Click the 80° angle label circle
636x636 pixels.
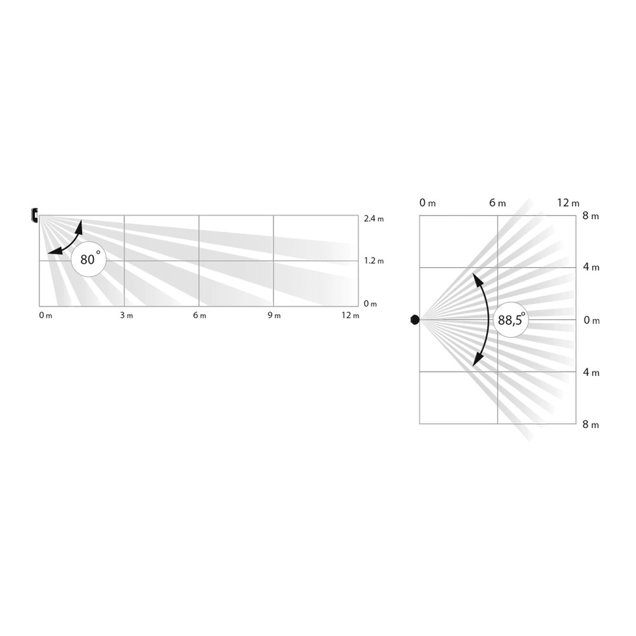(x=88, y=259)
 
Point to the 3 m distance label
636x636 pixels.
(x=125, y=315)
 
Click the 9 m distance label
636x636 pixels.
(x=273, y=315)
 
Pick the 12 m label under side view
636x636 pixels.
(x=350, y=315)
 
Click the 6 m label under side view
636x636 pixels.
(x=199, y=315)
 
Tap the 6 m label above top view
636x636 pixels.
(x=497, y=203)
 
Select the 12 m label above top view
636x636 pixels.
(x=568, y=203)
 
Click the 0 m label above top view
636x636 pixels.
(x=427, y=203)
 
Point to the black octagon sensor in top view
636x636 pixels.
(x=415, y=319)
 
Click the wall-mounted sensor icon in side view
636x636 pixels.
(x=35, y=216)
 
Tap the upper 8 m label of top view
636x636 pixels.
(x=591, y=216)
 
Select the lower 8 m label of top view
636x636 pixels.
(x=591, y=424)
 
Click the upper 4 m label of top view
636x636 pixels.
(x=591, y=268)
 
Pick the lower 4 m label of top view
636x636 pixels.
(x=591, y=372)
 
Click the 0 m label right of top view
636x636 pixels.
(x=591, y=320)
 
